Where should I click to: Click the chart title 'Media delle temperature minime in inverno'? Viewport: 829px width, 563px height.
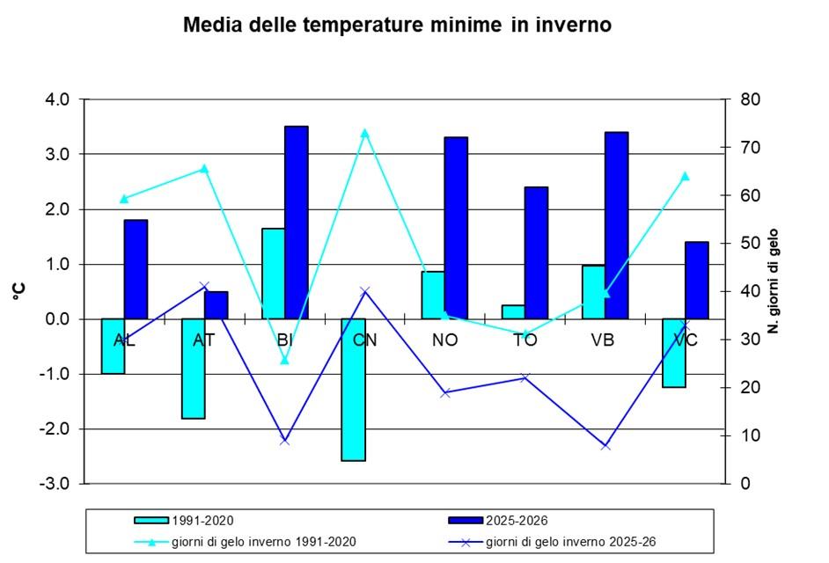click(397, 25)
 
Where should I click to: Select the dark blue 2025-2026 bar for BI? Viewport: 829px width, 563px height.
click(297, 223)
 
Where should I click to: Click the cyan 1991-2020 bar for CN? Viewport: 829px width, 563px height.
click(354, 389)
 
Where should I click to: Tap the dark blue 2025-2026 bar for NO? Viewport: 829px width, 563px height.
click(456, 228)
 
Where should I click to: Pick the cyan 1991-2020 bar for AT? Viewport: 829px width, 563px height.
click(194, 368)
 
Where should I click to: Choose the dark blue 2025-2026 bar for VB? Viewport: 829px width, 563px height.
click(617, 225)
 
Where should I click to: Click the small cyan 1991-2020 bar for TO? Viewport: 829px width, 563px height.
click(513, 312)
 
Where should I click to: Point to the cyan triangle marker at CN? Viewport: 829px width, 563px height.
click(365, 133)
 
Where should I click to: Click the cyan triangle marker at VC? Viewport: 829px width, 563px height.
click(686, 176)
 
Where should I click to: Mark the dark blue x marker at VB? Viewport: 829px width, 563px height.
click(605, 446)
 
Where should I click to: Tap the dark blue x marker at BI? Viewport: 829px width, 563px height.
click(284, 440)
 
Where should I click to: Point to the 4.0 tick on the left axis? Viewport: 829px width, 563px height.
click(57, 99)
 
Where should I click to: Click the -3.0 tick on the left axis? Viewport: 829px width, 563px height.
click(57, 484)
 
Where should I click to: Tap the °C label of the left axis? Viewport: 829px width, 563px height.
click(18, 291)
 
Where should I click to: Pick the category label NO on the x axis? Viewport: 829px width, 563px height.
click(445, 340)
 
